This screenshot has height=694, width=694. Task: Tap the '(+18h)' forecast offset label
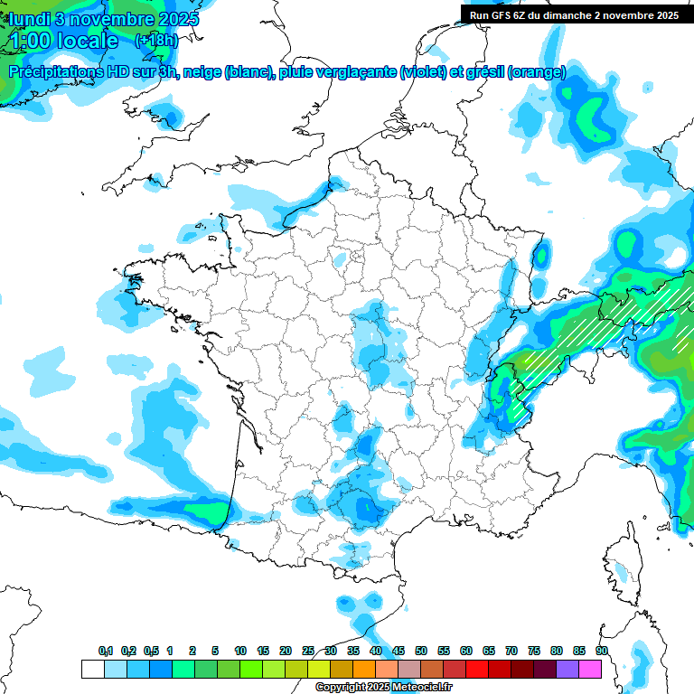click(155, 40)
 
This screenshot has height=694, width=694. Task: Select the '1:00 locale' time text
click(64, 41)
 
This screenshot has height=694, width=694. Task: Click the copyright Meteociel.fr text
click(383, 688)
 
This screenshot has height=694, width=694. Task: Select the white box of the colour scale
click(91, 670)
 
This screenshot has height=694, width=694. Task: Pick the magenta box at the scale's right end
click(590, 670)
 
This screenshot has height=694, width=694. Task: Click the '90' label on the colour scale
click(602, 651)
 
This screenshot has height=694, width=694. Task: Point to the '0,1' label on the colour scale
click(106, 651)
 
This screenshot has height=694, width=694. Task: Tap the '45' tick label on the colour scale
click(399, 651)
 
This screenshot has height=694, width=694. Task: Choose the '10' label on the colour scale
click(240, 651)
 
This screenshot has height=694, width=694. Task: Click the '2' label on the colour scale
click(192, 651)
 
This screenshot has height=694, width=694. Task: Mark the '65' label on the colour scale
click(489, 651)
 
